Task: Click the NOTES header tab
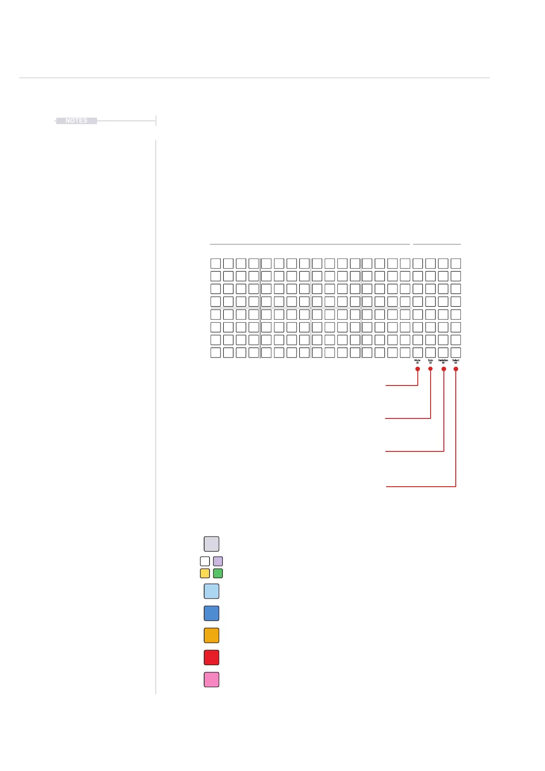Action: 76,121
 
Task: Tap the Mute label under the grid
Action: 417,361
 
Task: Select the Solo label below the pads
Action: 430,361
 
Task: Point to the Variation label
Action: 443,361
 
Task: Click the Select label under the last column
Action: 456,361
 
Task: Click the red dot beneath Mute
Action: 418,369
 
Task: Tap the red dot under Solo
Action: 431,369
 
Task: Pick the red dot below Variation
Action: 443,369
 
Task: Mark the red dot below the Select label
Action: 456,369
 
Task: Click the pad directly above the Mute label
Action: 418,353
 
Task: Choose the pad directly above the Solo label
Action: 431,353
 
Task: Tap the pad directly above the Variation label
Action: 443,353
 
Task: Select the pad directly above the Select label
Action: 456,353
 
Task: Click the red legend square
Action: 211,657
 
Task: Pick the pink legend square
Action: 211,679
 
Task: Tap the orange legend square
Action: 211,635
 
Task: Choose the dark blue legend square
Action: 211,614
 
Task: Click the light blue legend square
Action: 211,592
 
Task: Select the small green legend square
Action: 218,573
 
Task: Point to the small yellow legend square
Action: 205,573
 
